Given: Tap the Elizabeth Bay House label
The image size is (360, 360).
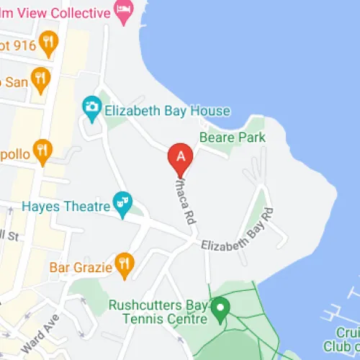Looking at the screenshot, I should click(167, 111).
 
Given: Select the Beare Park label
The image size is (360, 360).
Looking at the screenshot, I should click(233, 138).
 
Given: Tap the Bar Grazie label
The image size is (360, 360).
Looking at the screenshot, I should click(81, 267).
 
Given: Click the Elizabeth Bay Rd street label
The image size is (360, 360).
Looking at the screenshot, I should click(238, 233).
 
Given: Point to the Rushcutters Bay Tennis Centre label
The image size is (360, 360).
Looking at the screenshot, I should click(158, 311).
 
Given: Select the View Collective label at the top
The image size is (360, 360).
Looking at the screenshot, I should click(59, 12).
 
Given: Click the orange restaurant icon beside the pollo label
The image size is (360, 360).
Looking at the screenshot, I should click(42, 150).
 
